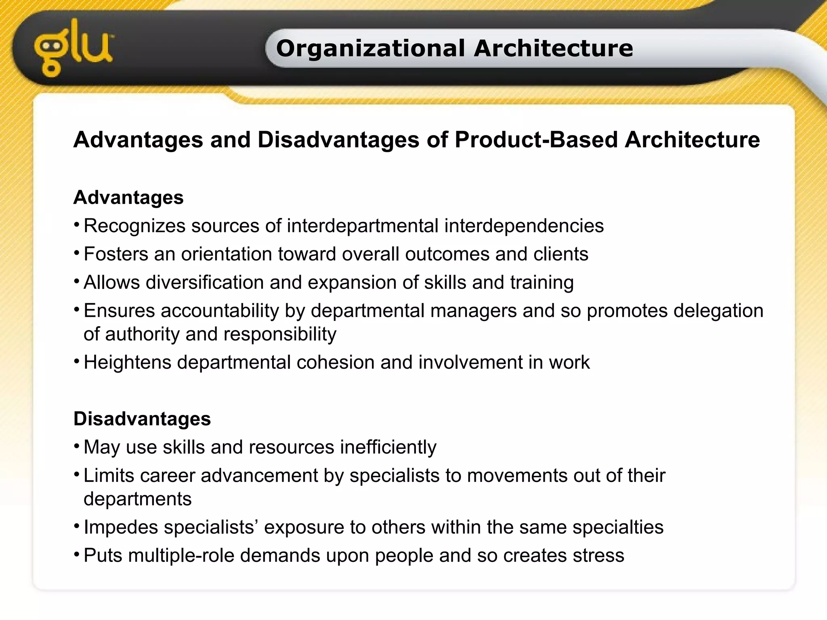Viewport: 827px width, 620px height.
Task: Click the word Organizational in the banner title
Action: [370, 48]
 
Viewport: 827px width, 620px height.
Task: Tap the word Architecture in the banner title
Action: [553, 48]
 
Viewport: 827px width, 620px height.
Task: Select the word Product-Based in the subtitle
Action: [536, 140]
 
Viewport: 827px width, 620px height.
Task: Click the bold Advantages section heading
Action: [128, 198]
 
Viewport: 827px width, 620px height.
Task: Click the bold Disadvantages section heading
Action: [142, 419]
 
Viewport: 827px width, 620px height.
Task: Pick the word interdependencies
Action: [524, 226]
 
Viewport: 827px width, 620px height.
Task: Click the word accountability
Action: [220, 311]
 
